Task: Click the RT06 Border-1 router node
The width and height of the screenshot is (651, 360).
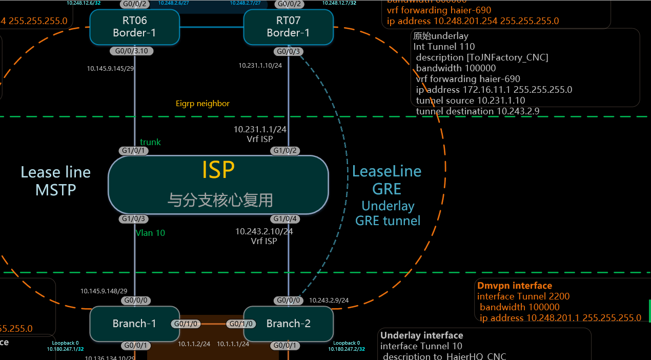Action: click(134, 27)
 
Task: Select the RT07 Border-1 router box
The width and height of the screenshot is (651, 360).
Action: click(288, 27)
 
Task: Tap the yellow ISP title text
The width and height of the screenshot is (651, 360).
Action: click(218, 170)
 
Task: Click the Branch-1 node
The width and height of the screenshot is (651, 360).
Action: click(134, 324)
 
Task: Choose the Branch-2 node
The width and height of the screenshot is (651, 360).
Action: click(288, 324)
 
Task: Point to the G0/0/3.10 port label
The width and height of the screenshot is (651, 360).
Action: click(132, 51)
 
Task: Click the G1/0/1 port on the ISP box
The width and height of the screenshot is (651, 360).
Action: click(134, 151)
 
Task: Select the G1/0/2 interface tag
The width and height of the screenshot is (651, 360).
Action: click(286, 151)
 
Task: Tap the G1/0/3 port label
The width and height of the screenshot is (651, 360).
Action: click(134, 219)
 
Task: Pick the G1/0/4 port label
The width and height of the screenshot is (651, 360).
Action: click(286, 219)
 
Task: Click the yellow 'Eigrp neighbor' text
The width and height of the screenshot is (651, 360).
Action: click(202, 104)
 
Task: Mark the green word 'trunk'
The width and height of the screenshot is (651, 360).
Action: click(150, 142)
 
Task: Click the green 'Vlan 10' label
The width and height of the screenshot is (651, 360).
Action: click(150, 233)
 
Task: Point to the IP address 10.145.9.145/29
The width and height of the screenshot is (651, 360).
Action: click(110, 68)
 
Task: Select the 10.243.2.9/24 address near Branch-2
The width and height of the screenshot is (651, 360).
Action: click(329, 300)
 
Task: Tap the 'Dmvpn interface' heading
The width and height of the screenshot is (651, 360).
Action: click(515, 286)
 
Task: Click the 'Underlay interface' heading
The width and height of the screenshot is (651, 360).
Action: click(421, 335)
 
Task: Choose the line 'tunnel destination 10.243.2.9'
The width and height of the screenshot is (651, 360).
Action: click(477, 111)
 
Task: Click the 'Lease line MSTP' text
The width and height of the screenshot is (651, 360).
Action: click(55, 181)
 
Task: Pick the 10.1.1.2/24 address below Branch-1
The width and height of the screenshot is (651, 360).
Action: click(194, 344)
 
